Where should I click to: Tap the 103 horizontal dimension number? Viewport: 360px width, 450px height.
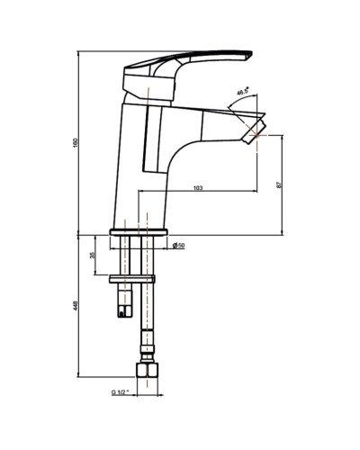(x=198, y=188)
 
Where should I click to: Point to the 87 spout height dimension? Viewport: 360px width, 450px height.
(x=280, y=184)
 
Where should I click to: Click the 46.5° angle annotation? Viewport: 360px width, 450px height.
(x=242, y=91)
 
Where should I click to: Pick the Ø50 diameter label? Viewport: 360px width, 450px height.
(x=180, y=246)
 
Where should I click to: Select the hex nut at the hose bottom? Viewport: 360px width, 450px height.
(x=146, y=370)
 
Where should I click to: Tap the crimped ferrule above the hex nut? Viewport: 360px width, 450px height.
(x=146, y=346)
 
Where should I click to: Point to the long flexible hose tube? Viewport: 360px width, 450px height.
(x=146, y=306)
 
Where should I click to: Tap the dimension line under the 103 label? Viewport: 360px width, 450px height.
(x=198, y=193)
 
